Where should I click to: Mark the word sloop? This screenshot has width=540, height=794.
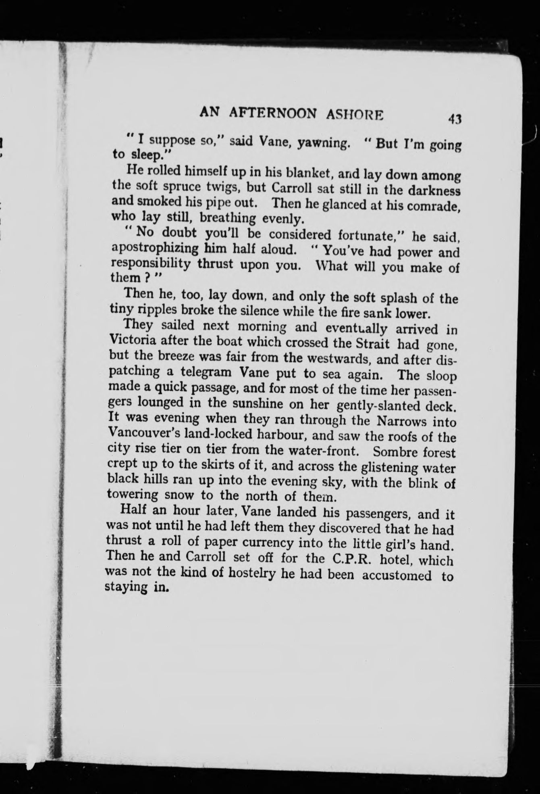[x=441, y=376]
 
